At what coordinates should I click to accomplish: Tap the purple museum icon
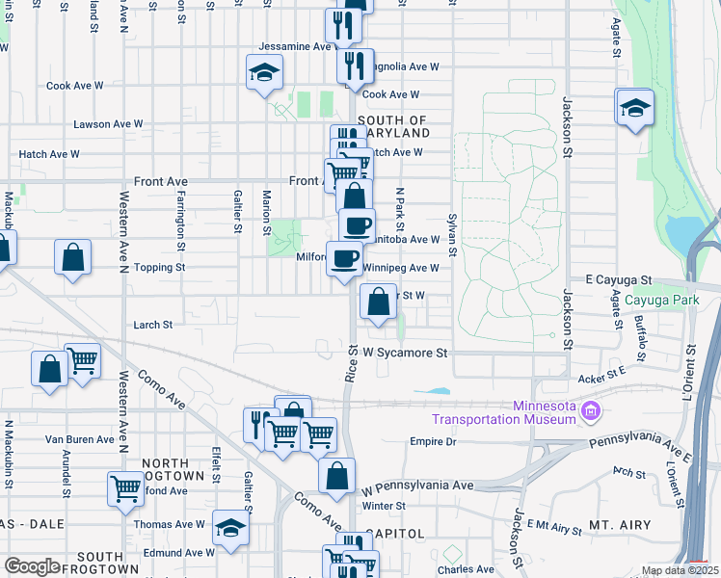592,412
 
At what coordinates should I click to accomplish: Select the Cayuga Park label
661,300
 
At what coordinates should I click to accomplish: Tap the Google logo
32,566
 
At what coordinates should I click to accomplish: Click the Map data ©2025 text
680,570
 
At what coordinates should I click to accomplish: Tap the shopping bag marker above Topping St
73,257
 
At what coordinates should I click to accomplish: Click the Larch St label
153,325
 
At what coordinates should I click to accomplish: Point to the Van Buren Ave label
80,438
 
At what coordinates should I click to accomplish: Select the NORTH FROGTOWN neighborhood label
173,469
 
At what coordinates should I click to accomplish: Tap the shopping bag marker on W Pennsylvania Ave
336,477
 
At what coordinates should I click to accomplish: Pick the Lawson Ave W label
108,124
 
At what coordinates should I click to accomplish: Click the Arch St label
628,472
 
